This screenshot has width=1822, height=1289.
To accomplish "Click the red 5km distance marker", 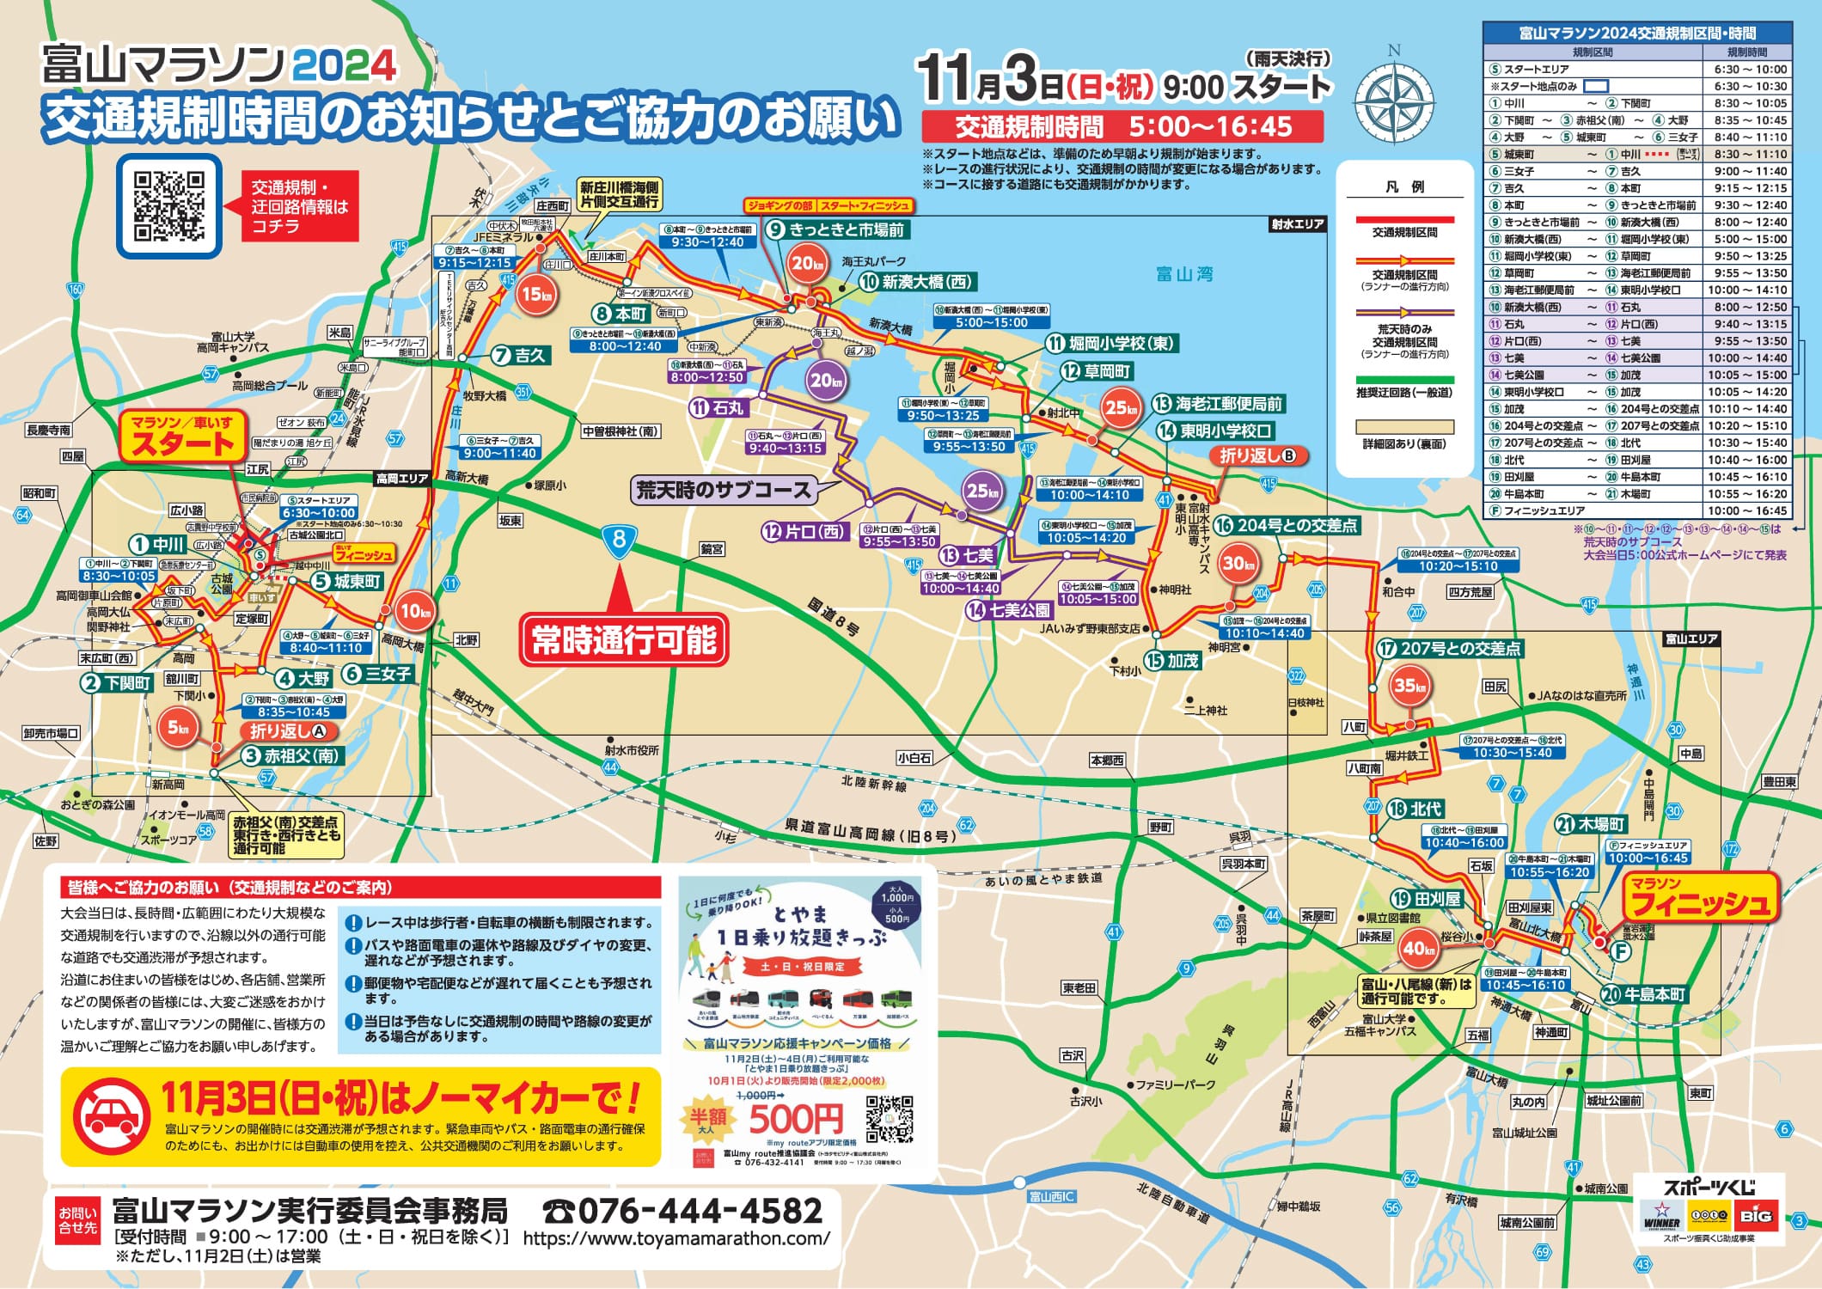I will [178, 728].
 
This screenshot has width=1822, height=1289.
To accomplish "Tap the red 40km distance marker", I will [1418, 949].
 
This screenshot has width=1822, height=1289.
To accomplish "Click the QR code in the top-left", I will [169, 206].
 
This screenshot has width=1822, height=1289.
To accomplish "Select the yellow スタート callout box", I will [183, 437].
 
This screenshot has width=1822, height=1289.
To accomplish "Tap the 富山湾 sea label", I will [1183, 274].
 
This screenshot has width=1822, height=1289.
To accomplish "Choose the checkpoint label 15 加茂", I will [1173, 660].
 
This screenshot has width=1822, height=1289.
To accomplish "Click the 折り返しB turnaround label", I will [1257, 455].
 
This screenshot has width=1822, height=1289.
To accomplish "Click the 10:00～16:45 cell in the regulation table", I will [1748, 510].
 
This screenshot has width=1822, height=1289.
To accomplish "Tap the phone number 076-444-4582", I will [684, 1211].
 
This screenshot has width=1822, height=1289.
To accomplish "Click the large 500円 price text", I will [796, 1119].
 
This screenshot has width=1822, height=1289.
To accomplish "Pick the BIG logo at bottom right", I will [1757, 1216].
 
